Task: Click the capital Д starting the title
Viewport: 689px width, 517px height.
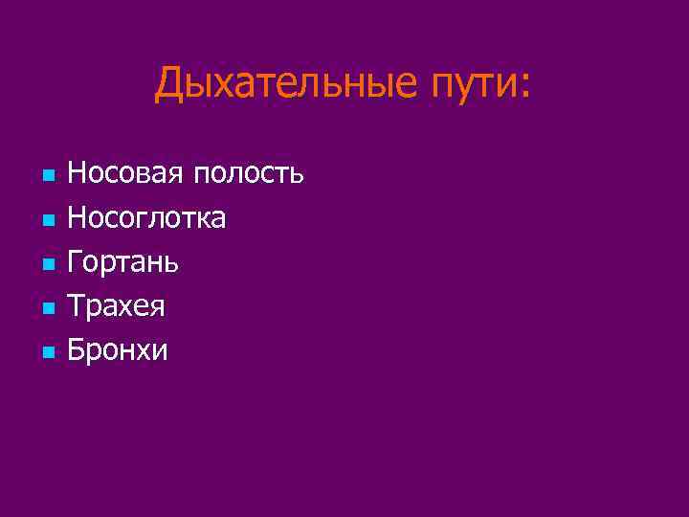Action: [169, 83]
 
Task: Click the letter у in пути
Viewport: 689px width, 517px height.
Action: [457, 88]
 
